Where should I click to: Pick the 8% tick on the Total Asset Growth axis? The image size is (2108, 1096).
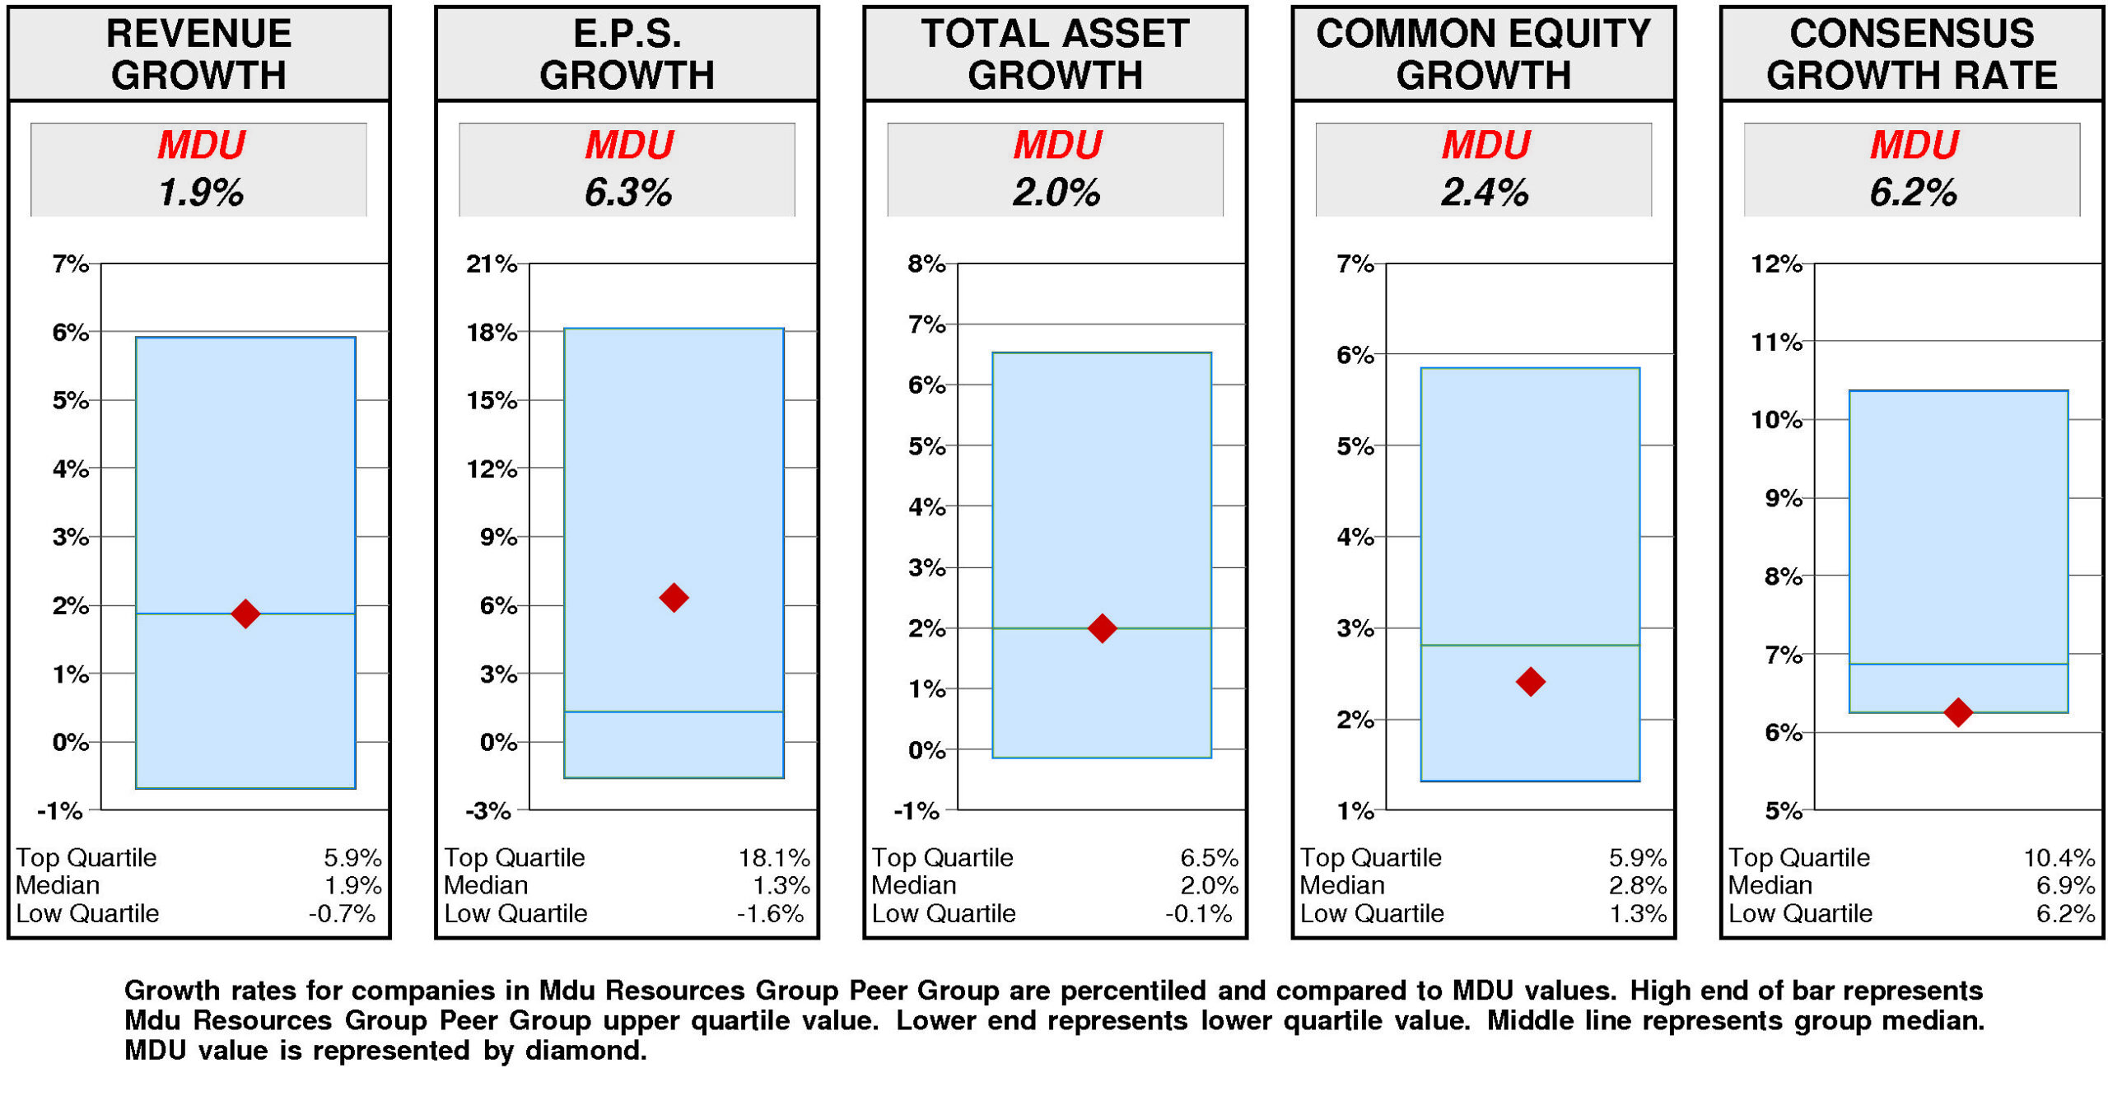coord(926,264)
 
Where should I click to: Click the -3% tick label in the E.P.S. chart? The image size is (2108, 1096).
coord(487,810)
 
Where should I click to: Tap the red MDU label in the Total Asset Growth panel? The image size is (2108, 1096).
coord(1056,145)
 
